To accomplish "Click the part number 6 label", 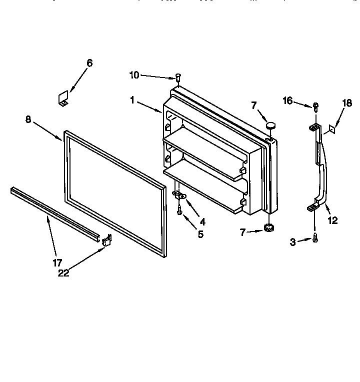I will coord(89,63).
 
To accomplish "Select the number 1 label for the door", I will coord(132,100).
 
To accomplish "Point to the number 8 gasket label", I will coord(28,119).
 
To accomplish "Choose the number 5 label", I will coord(200,233).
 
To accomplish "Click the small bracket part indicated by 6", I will coord(63,98).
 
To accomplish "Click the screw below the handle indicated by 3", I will coord(315,239).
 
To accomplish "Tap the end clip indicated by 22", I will coord(106,241).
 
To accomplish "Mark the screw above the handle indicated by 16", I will coord(315,106).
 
